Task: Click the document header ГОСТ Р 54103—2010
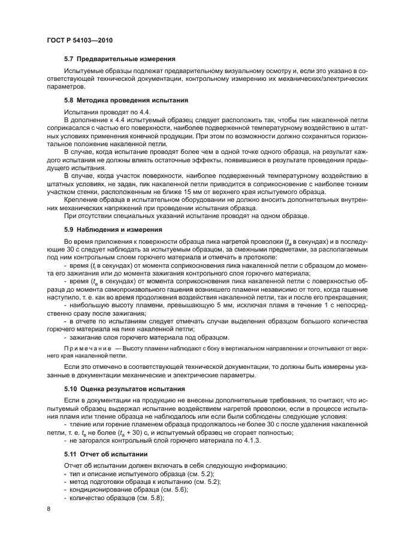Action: point(79,40)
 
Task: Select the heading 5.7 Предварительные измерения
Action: point(119,59)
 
